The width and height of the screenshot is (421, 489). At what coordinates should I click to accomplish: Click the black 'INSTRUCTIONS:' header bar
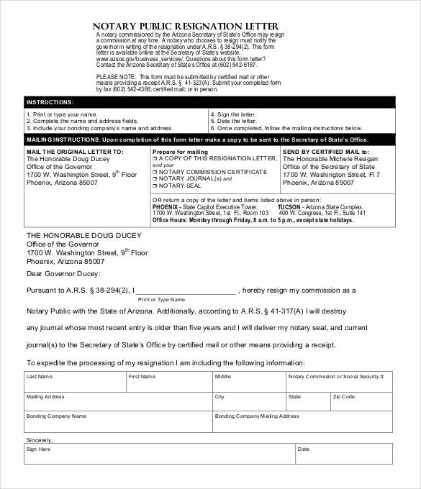pyautogui.click(x=209, y=102)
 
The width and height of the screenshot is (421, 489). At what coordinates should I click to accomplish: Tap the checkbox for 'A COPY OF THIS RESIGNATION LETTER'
pyautogui.click(x=155, y=158)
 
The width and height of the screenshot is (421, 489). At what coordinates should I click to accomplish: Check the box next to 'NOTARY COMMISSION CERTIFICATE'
pyautogui.click(x=155, y=172)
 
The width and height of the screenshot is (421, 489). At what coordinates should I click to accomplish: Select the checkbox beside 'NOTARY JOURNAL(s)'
pyautogui.click(x=155, y=178)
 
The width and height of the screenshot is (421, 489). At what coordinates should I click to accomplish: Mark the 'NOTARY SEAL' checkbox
pyautogui.click(x=155, y=186)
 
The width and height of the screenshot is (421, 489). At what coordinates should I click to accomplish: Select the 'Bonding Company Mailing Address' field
pyautogui.click(x=302, y=424)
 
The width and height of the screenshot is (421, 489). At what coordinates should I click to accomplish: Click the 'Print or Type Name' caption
pyautogui.click(x=161, y=299)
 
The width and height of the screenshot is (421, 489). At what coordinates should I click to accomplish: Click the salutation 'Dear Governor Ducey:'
pyautogui.click(x=64, y=273)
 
